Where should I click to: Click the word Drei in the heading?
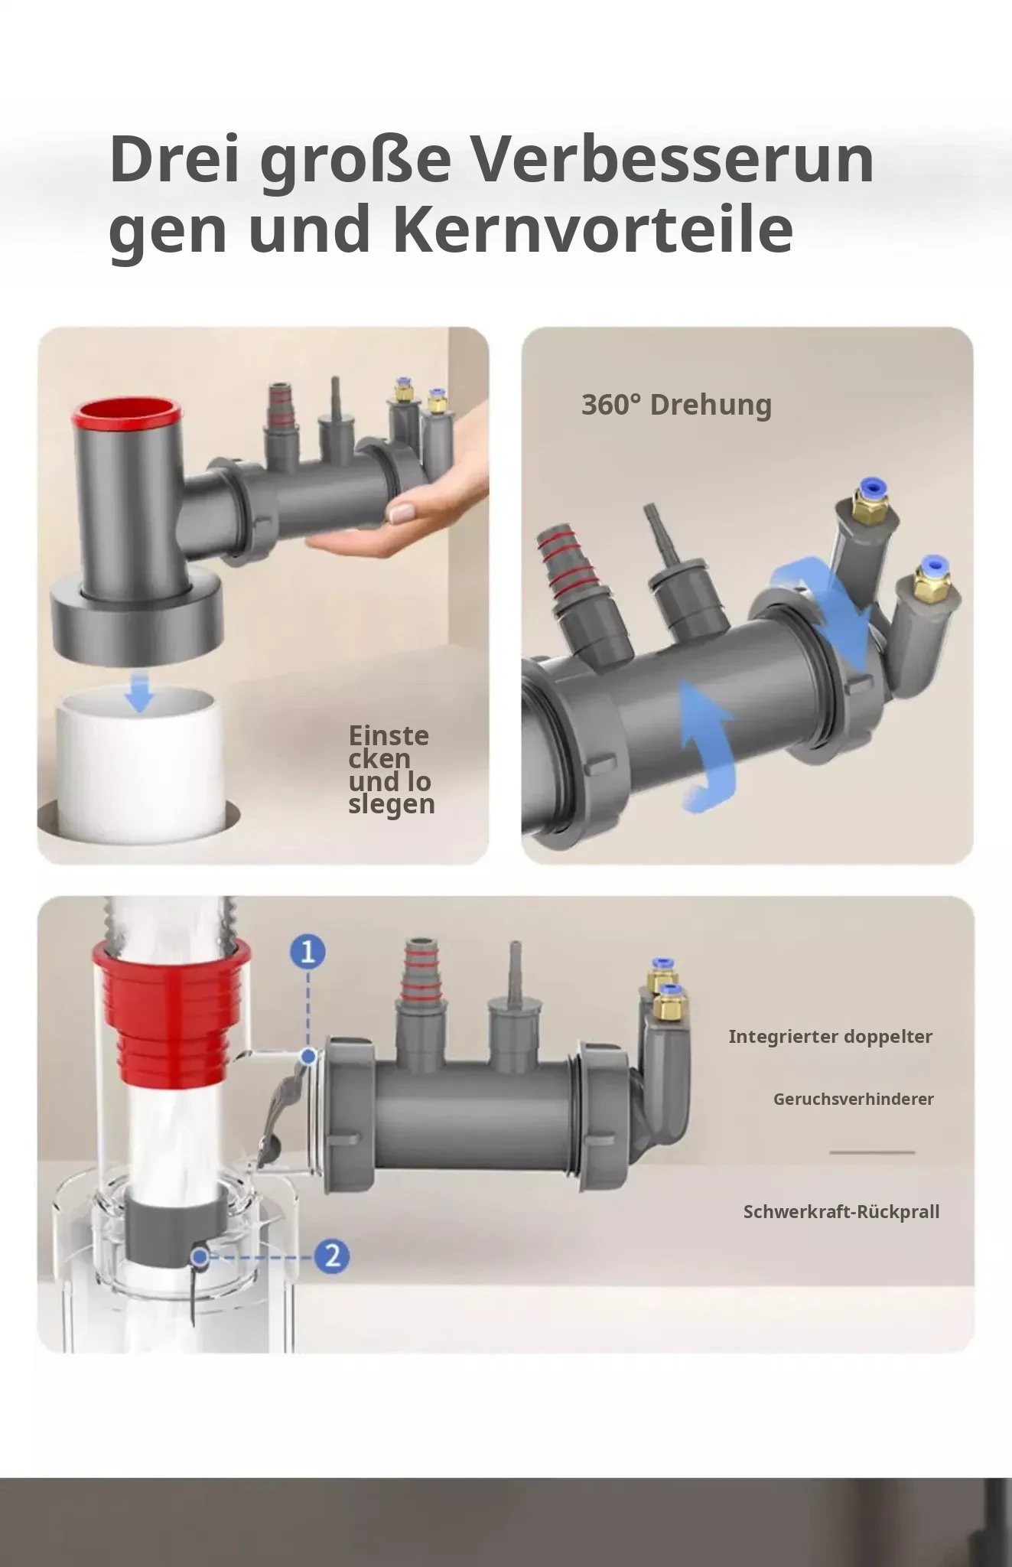coord(174,159)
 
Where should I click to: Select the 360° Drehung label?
coord(676,405)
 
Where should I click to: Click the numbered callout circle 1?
coord(308,953)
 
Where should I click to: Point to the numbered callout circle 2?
coord(332,1256)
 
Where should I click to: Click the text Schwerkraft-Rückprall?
coord(841,1212)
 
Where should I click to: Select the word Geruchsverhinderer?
coord(853,1100)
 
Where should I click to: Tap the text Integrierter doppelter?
coord(830,1037)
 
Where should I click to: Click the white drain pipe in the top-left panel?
coord(140,765)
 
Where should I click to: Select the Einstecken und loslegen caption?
coord(391,770)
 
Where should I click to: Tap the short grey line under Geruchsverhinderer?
coord(872,1152)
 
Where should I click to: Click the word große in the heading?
coord(355,162)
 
